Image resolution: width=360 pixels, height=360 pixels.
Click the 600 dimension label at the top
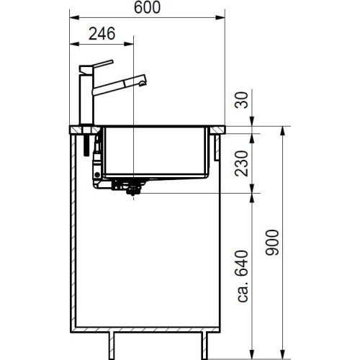[147, 7]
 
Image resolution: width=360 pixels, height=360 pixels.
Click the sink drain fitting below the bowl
[132, 189]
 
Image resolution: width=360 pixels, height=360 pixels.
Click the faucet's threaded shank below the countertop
[86, 144]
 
